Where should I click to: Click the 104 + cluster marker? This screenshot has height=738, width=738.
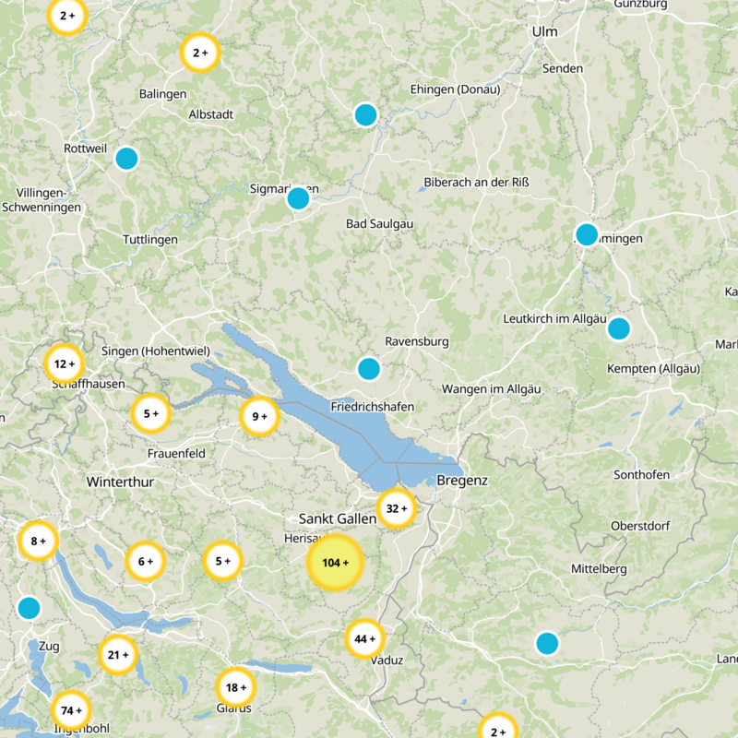(335, 563)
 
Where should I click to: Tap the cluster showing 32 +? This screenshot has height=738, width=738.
(397, 508)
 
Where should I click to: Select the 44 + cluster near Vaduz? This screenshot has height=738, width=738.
(365, 638)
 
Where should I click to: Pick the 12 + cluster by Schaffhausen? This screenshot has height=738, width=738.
(65, 363)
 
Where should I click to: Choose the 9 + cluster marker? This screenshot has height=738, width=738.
(259, 416)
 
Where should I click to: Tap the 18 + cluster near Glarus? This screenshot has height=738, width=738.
(236, 686)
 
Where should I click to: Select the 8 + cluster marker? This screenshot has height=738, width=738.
(38, 541)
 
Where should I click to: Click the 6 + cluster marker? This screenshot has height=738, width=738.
(145, 561)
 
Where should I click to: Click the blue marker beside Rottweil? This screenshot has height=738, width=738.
(126, 159)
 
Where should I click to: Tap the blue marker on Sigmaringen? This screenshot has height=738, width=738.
(298, 198)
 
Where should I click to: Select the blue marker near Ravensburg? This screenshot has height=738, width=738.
(369, 369)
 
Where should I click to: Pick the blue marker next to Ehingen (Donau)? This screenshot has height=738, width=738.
(366, 114)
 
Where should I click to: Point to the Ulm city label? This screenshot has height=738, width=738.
(545, 32)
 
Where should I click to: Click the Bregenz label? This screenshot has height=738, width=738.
(462, 481)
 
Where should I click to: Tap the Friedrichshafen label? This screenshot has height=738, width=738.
(372, 407)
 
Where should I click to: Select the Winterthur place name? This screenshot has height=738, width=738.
(120, 482)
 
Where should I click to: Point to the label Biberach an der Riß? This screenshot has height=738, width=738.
(477, 182)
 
